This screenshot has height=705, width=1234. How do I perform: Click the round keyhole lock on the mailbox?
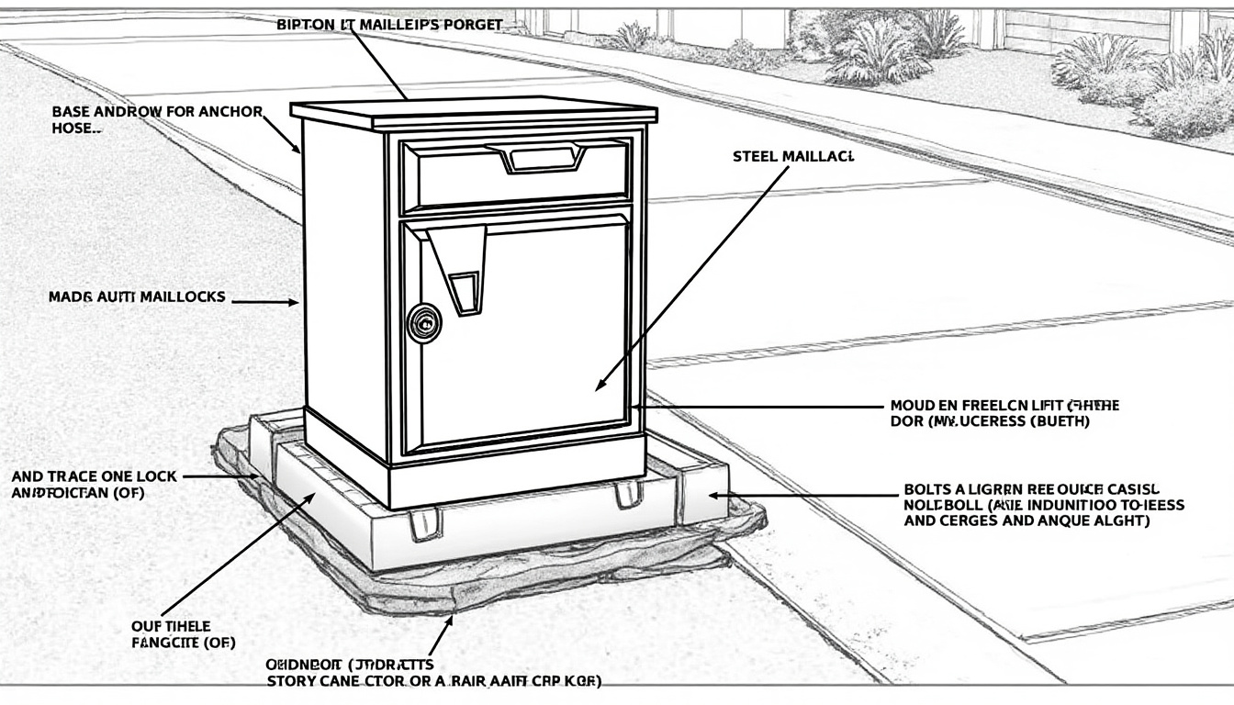[x=423, y=322]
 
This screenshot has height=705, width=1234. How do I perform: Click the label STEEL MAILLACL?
[x=793, y=157]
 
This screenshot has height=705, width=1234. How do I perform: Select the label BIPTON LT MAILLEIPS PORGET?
[x=389, y=25]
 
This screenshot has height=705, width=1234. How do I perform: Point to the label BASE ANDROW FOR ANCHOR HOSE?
[x=156, y=119]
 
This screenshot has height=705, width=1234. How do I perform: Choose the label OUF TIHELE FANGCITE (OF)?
[x=172, y=634]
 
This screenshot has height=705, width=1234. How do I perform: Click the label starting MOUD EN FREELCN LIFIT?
[x=1004, y=413]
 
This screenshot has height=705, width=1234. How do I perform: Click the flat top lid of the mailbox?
[x=473, y=112]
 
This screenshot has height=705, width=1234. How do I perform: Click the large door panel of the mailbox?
[x=533, y=330]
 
